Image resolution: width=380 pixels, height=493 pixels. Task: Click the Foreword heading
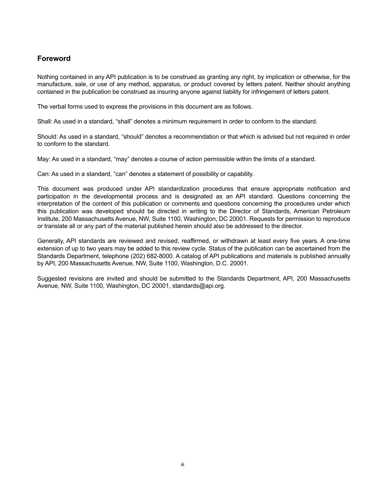(x=54, y=59)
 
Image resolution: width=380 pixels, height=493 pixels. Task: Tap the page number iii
(x=182, y=465)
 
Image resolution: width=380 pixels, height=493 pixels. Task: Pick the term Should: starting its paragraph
(x=47, y=137)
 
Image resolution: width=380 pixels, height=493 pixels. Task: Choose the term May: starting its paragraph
(x=44, y=159)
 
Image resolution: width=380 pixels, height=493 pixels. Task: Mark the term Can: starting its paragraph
(x=44, y=174)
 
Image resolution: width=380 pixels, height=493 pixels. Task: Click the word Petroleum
(x=336, y=211)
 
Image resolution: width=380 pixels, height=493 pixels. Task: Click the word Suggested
(x=51, y=279)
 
